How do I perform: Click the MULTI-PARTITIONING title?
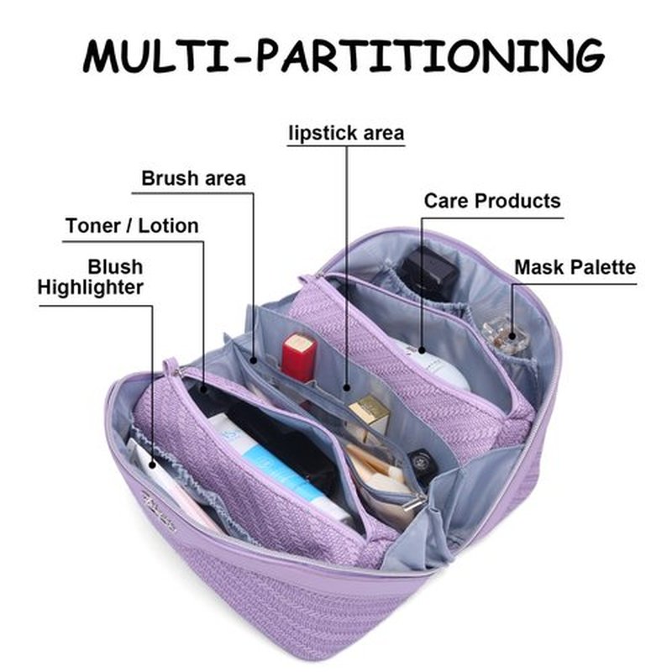point(344,56)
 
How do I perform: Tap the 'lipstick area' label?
point(346,134)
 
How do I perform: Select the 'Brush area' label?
point(194,178)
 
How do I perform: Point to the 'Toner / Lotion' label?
point(132,226)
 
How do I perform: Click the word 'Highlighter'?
point(91,287)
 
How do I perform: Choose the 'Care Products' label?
point(492,201)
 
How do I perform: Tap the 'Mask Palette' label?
point(575,267)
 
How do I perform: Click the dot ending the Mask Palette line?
point(512,336)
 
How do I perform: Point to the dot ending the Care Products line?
point(422,350)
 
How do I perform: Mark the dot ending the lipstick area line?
point(347,388)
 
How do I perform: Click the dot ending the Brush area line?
point(254,361)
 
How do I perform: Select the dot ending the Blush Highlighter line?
point(152,465)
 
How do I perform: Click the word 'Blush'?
point(115,267)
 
